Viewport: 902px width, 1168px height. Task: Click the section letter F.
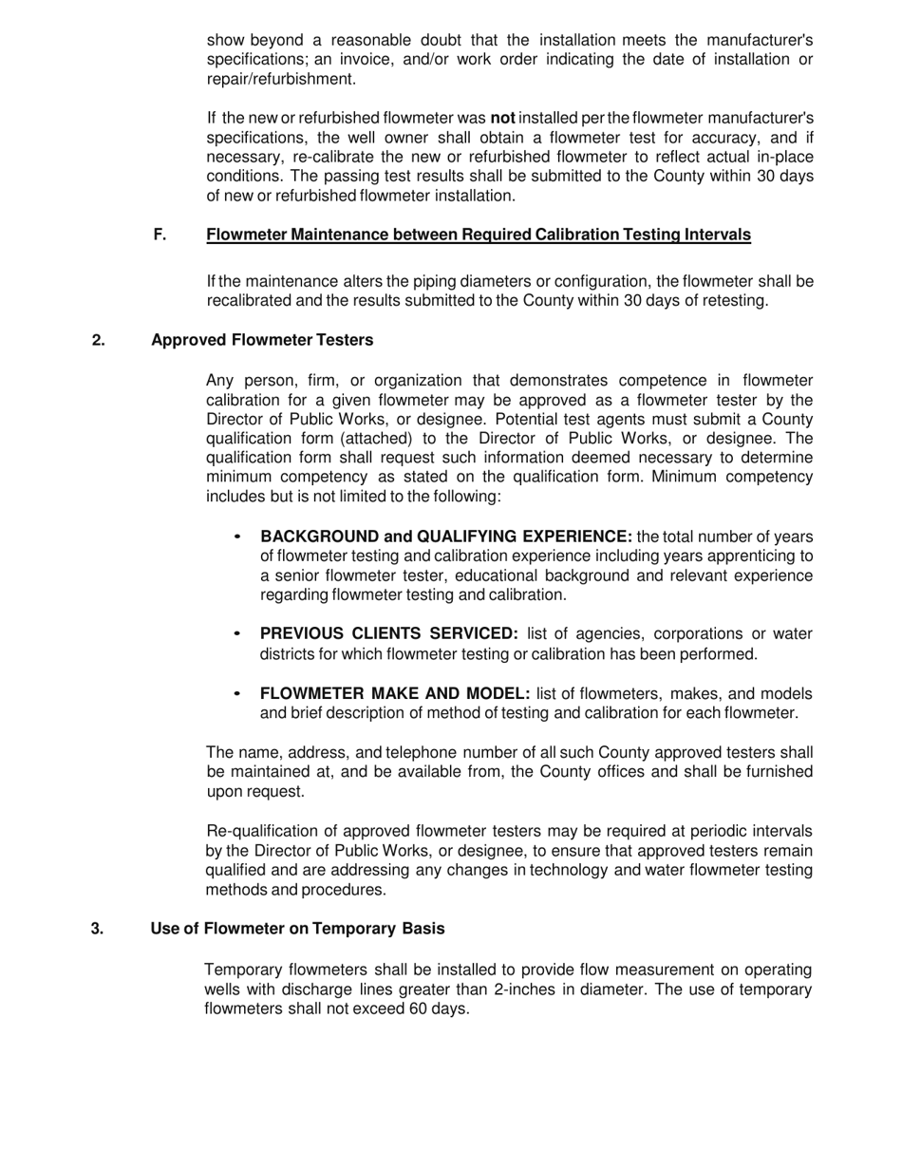click(x=160, y=235)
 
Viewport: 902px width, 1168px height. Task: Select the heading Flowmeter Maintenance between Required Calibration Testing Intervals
click(x=478, y=235)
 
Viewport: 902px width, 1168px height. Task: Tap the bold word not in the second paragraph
click(x=502, y=119)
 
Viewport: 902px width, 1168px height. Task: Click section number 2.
click(x=99, y=340)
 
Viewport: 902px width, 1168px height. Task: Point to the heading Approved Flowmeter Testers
click(x=262, y=340)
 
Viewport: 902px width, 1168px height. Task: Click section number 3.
click(x=98, y=928)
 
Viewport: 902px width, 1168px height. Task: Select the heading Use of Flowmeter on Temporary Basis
click(x=297, y=928)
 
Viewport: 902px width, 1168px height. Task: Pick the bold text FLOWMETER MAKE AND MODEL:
click(x=395, y=693)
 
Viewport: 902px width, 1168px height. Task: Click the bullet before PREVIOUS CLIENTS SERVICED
click(x=237, y=633)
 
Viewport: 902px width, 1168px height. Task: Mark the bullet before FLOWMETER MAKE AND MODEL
click(x=237, y=693)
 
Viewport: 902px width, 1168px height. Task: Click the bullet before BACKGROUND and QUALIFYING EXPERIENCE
click(x=237, y=537)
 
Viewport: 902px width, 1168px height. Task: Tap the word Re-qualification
click(x=259, y=832)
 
